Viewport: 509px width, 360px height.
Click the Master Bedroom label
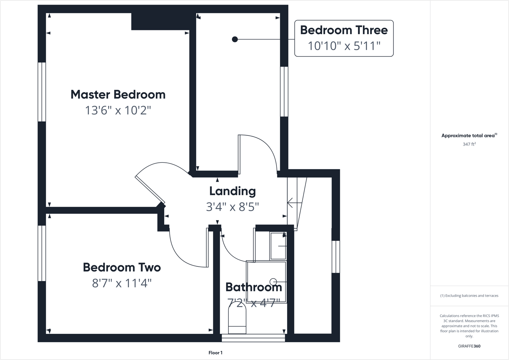[118, 94]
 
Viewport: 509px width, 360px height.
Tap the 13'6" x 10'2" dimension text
[118, 110]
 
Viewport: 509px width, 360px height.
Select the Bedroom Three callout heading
[344, 30]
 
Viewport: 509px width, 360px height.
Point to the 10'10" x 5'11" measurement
[344, 46]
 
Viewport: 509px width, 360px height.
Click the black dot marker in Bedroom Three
[235, 39]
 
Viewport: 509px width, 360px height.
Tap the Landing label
[233, 191]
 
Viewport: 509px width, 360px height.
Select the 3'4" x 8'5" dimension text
[233, 207]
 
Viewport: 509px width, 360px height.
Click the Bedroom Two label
[122, 267]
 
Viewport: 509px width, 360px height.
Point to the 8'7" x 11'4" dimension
[122, 283]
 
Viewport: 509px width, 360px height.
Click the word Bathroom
[253, 287]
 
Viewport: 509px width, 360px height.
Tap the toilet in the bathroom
[237, 319]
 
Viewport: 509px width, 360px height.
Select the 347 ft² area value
[469, 144]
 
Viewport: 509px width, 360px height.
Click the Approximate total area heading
[469, 135]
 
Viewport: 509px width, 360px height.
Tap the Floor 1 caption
[215, 353]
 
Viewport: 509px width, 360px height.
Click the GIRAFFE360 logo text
[469, 346]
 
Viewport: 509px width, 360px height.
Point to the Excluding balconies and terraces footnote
[469, 296]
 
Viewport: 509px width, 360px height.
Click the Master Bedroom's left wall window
[42, 92]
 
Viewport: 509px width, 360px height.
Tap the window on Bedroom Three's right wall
[284, 91]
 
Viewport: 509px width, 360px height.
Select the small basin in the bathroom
[278, 246]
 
